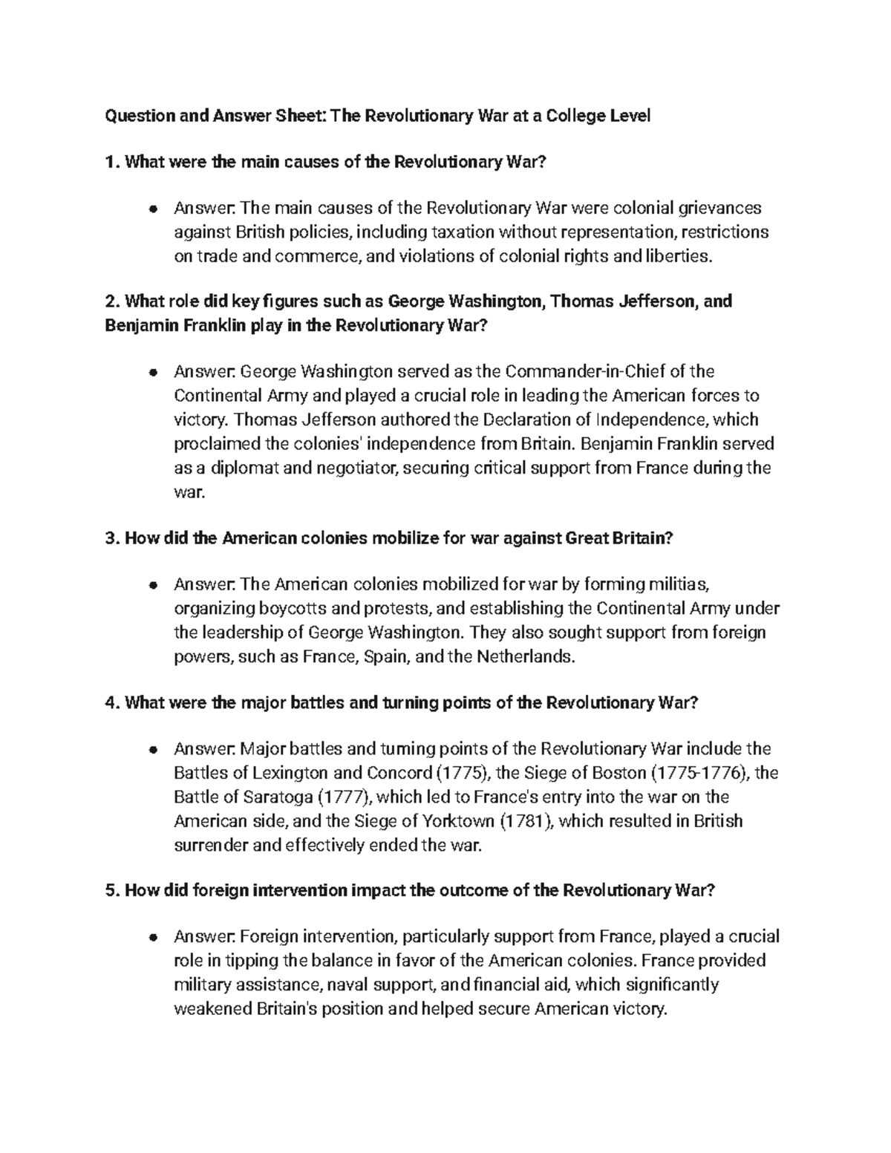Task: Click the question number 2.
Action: (111, 301)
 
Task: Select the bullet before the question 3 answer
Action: (152, 584)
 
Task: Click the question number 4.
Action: (111, 702)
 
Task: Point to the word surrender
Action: (212, 846)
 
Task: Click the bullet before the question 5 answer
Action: (152, 936)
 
